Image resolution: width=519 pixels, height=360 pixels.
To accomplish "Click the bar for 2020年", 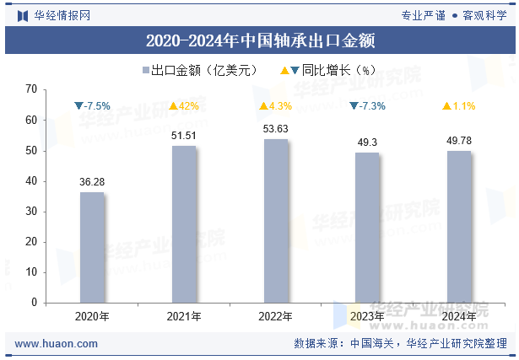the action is [x=92, y=247].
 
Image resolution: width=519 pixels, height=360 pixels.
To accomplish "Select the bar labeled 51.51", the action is [x=184, y=224].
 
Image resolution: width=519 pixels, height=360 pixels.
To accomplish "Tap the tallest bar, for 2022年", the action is [x=276, y=221].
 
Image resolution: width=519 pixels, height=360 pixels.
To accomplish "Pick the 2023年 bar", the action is [x=367, y=228].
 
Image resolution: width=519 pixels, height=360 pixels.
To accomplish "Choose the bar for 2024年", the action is [x=459, y=227].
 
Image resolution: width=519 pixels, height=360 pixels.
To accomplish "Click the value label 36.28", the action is [x=92, y=182].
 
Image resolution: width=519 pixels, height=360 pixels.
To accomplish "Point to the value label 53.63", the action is [x=276, y=129].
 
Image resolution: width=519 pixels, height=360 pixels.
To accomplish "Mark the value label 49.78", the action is [x=459, y=141].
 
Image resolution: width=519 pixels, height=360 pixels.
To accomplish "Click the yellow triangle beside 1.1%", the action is [x=446, y=106].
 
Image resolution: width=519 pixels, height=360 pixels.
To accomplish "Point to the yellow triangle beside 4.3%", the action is [x=263, y=106].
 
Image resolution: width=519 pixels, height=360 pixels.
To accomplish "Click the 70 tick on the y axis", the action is [x=31, y=89].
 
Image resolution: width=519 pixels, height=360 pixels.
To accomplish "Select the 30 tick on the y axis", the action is [x=31, y=212].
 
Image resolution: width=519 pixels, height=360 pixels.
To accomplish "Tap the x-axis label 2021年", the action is [x=184, y=316].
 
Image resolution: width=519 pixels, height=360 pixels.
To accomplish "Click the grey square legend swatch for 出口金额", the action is [x=146, y=70].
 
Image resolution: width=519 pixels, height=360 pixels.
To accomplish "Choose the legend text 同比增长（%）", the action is [x=338, y=70].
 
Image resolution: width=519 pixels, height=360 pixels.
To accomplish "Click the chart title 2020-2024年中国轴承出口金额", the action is [x=260, y=40].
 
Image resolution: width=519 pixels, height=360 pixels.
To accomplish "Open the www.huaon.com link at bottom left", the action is [x=57, y=344].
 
